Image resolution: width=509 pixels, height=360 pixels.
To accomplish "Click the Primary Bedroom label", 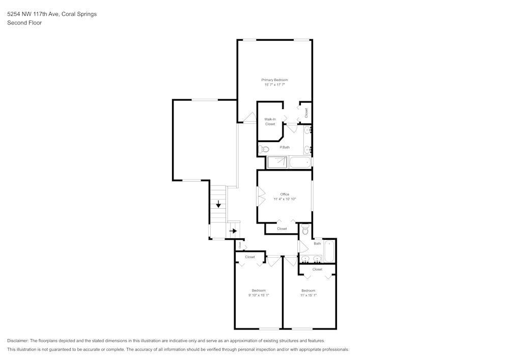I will [274, 80].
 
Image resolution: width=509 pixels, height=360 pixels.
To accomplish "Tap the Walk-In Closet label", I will [270, 122].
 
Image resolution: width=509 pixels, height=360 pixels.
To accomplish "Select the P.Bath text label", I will [285, 147].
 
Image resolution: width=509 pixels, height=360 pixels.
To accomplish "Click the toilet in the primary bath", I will [263, 149].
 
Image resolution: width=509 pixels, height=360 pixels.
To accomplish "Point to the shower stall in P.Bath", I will [276, 162].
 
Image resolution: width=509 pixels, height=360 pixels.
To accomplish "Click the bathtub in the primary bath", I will [300, 162].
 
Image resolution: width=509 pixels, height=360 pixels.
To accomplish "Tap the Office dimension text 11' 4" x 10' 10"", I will [285, 199].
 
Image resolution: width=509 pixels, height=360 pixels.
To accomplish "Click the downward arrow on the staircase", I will [218, 205].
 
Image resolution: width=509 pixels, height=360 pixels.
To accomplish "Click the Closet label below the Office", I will [281, 229].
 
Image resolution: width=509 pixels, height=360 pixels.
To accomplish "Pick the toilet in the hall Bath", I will [305, 230].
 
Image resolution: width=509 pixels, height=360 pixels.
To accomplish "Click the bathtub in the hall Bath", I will [329, 252].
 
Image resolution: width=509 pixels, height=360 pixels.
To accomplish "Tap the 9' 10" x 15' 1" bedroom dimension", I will [259, 295].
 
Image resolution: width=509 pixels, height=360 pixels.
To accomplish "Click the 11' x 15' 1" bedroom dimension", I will [308, 295].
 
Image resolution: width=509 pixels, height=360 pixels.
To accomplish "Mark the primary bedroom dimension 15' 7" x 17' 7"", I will [274, 85].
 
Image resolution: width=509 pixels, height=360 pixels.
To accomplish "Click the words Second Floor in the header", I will [24, 23].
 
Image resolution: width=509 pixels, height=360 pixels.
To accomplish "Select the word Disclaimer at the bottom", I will [18, 341].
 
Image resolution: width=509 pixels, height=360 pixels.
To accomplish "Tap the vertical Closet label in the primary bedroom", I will [306, 113].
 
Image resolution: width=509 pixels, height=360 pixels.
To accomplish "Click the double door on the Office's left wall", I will [261, 197].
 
